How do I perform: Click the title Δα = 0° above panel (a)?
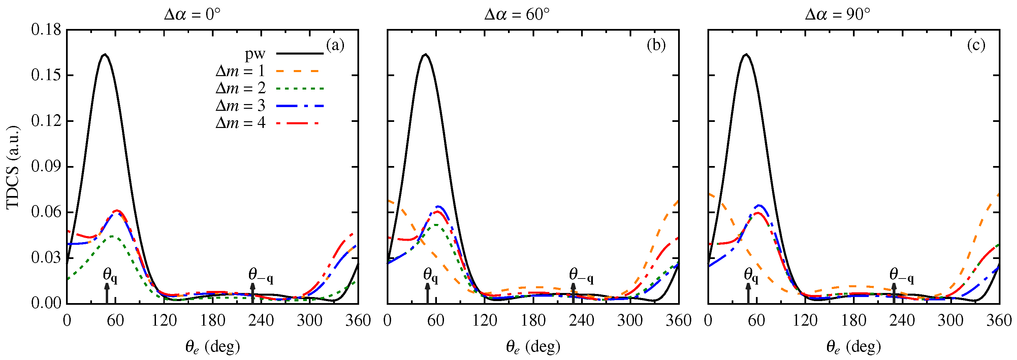tap(192, 14)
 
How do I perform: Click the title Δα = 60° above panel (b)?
tap(517, 14)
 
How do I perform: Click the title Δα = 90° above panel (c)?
tap(837, 14)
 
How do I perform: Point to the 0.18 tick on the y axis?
tap(46, 30)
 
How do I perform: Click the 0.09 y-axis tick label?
tap(46, 167)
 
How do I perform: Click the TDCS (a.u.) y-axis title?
tap(13, 167)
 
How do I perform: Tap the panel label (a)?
tap(335, 45)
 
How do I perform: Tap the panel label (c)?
tap(976, 45)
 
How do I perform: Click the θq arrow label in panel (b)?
tap(430, 275)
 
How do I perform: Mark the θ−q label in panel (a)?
tap(261, 275)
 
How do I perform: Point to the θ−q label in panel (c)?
tap(902, 275)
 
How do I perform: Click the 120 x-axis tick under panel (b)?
tap(484, 320)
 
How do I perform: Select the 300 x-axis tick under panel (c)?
tap(951, 320)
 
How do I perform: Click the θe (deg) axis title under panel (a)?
tap(213, 347)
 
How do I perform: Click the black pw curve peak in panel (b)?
tap(425, 55)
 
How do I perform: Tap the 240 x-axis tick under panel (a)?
tap(261, 320)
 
